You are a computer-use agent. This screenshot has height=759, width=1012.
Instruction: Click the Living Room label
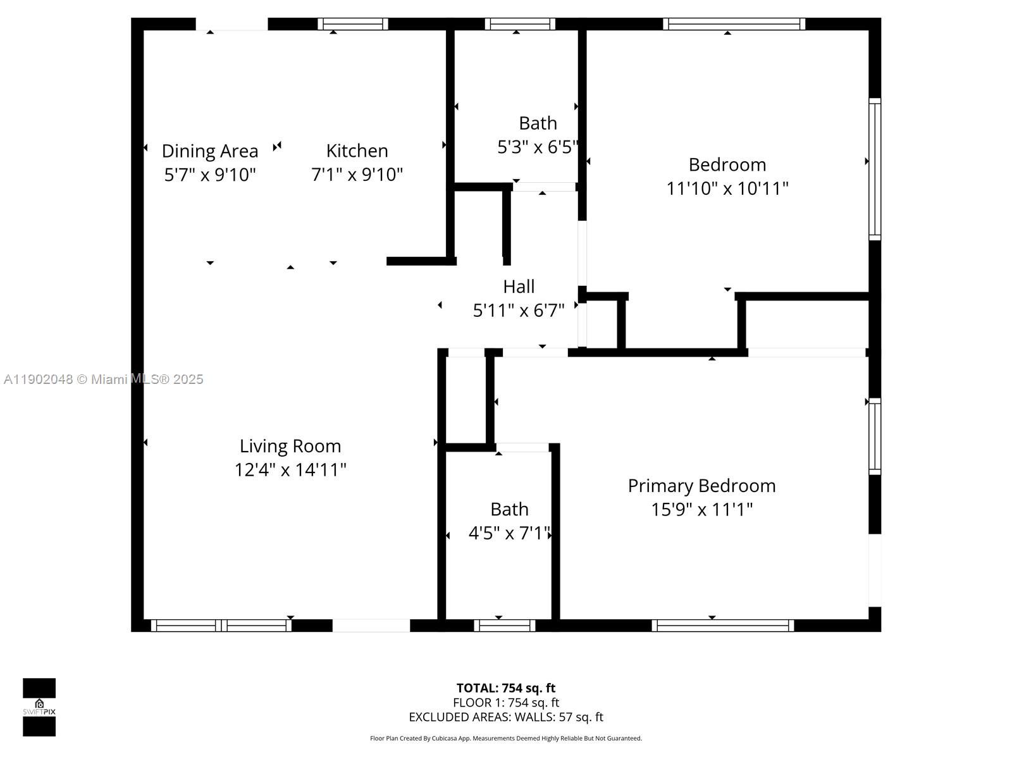point(290,446)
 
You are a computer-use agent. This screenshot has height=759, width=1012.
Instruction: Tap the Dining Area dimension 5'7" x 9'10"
point(210,175)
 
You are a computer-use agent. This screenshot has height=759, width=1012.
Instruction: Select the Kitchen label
point(357,151)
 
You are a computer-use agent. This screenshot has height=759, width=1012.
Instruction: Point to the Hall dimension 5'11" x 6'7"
point(519,311)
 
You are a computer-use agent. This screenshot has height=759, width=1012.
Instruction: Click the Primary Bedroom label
point(701,486)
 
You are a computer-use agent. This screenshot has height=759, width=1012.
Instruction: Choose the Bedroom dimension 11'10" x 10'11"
point(727,188)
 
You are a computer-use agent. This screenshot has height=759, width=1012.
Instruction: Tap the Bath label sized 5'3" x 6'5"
point(538,123)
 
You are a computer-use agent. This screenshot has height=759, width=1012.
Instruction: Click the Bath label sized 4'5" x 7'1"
point(509,509)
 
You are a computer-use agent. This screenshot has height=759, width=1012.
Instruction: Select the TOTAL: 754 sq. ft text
point(506,688)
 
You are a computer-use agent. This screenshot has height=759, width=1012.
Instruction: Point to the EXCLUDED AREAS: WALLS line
point(506,717)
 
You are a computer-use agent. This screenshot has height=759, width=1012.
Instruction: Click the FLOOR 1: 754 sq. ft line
point(506,703)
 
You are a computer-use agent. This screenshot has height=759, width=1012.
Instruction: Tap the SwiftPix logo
point(39,707)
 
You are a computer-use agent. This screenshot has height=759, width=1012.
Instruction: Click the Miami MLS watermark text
point(104,379)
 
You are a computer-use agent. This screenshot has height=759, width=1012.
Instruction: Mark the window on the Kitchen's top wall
point(352,24)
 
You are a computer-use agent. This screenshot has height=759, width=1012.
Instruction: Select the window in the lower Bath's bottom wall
point(504,626)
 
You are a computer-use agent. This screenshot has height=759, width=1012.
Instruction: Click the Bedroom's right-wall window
point(875,169)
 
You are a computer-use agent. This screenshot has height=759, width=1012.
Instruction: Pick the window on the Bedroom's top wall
point(734,24)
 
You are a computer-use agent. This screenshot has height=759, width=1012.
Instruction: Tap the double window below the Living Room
point(221,626)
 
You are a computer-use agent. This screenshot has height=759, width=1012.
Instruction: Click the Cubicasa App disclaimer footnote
point(506,738)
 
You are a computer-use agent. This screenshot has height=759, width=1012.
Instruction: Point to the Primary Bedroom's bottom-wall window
point(723,626)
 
